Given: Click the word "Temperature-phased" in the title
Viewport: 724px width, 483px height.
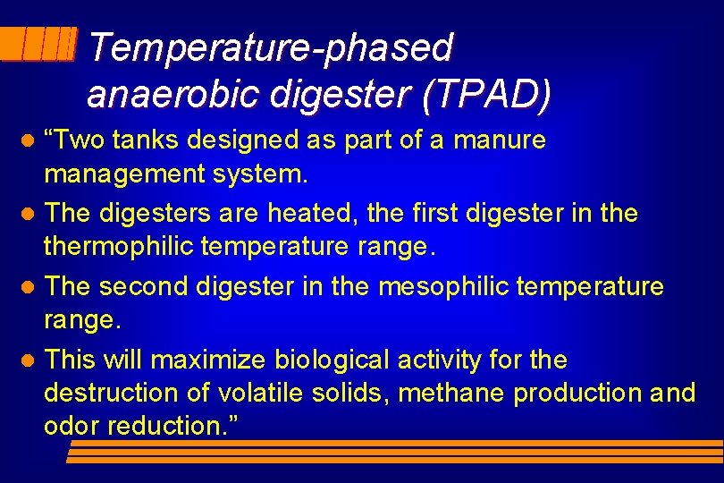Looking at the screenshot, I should point(271,48).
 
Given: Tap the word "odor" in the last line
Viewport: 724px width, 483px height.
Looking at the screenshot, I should point(72,426).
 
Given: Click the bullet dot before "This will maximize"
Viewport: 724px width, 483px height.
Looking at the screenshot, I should point(28,361).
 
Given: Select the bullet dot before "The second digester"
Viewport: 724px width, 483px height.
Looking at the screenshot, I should point(28,288).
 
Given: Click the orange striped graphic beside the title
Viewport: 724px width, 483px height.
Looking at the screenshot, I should point(38,43).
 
